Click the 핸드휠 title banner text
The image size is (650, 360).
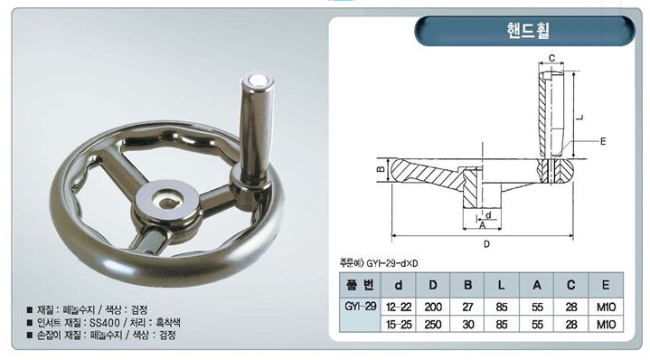tap(528, 31)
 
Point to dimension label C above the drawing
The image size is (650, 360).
tap(551, 59)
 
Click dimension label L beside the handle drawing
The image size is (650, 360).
tap(580, 118)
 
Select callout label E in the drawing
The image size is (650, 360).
tap(603, 141)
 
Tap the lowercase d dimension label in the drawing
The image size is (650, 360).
tap(488, 215)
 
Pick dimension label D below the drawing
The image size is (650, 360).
tap(486, 244)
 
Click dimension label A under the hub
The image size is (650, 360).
tap(482, 225)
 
